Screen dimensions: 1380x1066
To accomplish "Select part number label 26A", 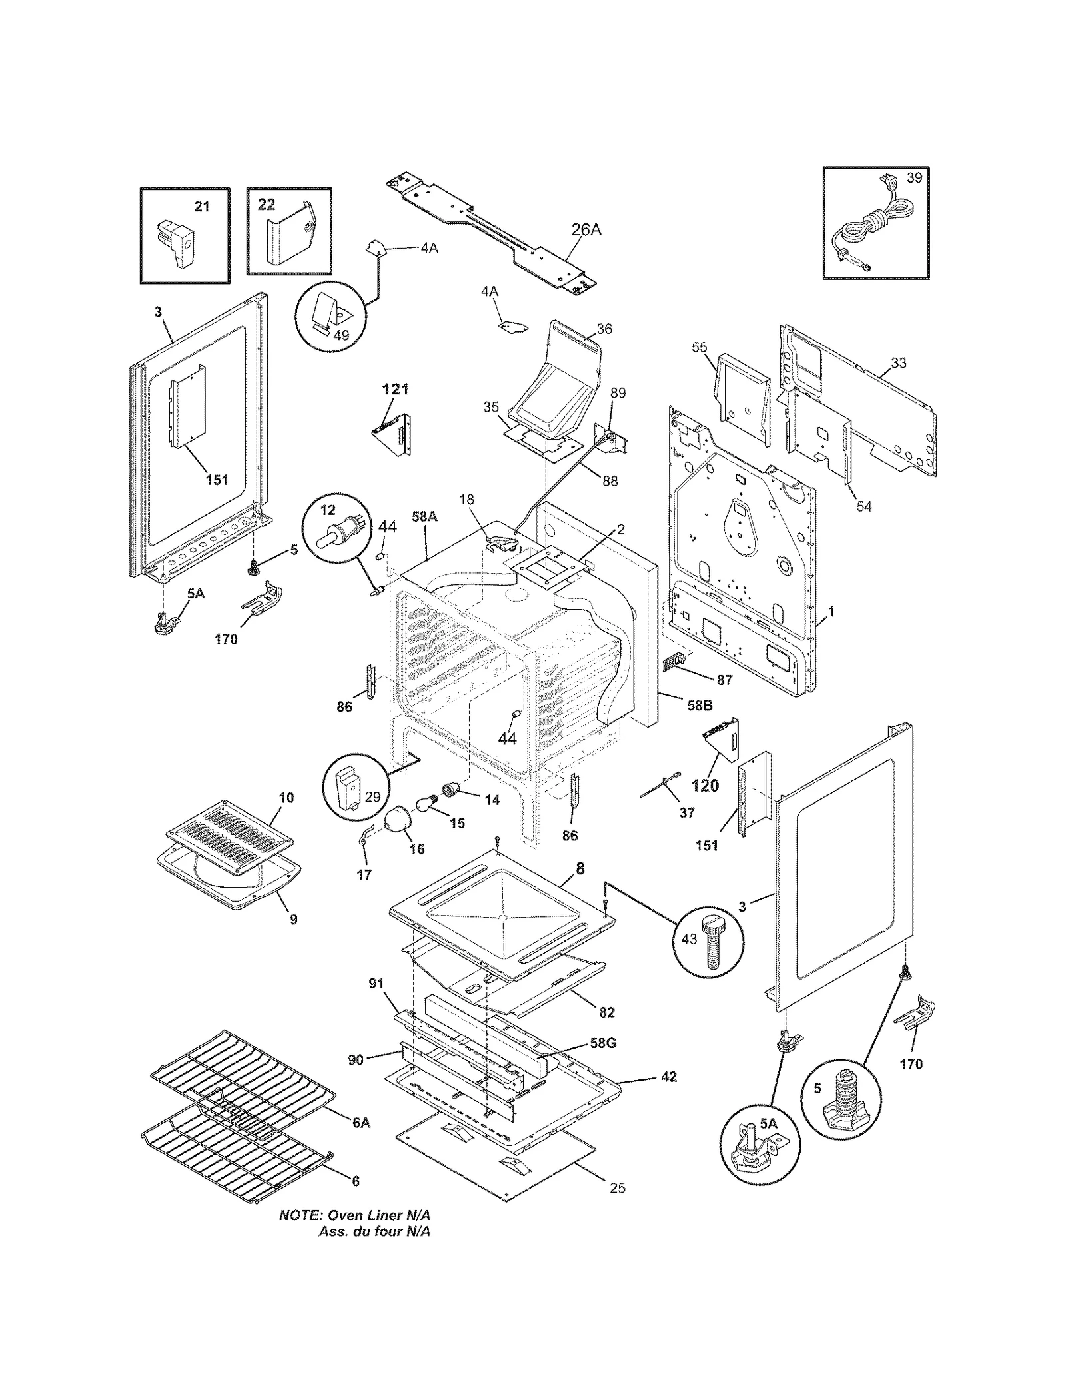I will [x=586, y=230].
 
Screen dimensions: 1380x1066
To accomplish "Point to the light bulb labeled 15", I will [x=424, y=803].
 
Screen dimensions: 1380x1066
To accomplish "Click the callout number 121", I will [x=395, y=389].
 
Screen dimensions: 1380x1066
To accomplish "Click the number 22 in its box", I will [x=266, y=205].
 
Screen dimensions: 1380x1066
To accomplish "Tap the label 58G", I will [x=602, y=1043].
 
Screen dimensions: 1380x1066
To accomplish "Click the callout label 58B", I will [x=699, y=705].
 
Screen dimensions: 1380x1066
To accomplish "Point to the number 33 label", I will [x=899, y=363].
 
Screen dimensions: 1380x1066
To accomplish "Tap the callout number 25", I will [x=617, y=1188].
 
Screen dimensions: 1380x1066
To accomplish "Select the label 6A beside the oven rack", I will [x=360, y=1123].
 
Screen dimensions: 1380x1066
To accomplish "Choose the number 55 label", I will [x=700, y=347].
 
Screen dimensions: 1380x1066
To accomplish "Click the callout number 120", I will [x=705, y=786].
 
